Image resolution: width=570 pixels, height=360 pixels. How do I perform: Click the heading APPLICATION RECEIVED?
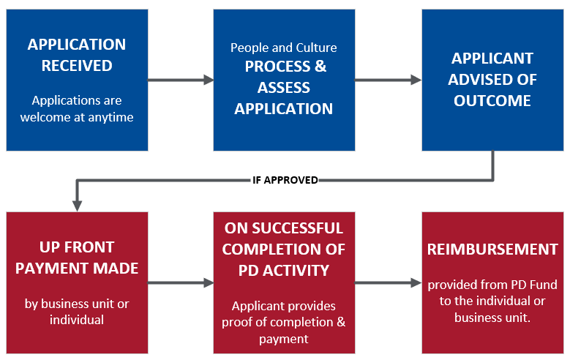tap(77, 55)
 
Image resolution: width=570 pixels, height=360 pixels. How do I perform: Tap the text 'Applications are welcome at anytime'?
tap(77, 108)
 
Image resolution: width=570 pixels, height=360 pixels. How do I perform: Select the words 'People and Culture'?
tap(284, 48)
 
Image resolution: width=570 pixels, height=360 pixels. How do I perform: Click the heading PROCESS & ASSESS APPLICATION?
tap(284, 88)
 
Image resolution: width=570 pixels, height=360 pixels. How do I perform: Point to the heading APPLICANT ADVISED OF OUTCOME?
tap(492, 79)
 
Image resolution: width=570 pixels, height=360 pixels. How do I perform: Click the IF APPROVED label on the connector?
tap(285, 180)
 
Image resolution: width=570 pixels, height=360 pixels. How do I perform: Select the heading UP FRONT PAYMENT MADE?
tap(77, 258)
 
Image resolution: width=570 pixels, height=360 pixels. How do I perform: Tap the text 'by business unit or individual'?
tap(77, 312)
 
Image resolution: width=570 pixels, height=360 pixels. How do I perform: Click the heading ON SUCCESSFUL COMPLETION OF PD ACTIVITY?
tap(284, 250)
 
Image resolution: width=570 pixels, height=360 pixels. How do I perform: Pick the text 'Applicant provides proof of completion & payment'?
tap(284, 322)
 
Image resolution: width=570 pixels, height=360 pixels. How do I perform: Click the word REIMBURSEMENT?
tap(492, 250)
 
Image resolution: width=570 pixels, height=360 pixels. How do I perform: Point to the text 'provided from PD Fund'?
tap(492, 284)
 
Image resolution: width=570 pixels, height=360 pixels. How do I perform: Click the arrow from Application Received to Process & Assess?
tap(180, 80)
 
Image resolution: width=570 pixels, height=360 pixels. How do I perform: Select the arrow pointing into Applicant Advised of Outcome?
tap(388, 80)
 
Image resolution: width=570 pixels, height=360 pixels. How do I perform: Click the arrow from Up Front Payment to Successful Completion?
tap(180, 282)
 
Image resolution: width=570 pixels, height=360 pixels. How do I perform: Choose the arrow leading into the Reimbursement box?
tap(388, 282)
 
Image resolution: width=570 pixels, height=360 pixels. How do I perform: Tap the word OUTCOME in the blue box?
tap(492, 100)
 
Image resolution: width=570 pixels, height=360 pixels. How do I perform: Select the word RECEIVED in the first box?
tap(77, 66)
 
